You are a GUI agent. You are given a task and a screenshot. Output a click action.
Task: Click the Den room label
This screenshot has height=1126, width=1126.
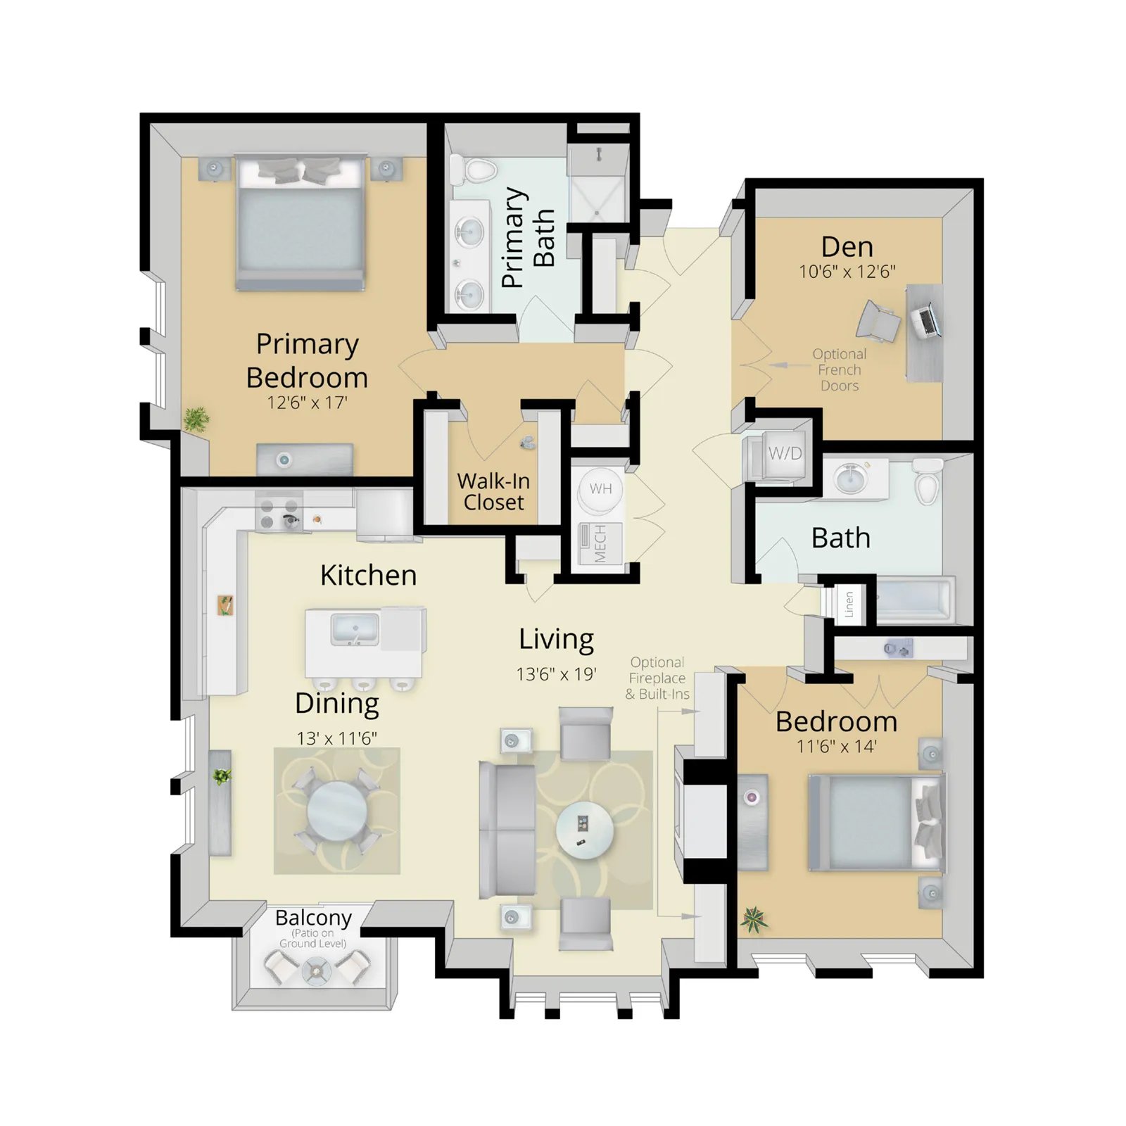pos(847,247)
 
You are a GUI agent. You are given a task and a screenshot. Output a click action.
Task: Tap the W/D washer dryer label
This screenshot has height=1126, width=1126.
pos(785,453)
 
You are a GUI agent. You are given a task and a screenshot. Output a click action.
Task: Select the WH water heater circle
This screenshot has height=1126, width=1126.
pos(600,489)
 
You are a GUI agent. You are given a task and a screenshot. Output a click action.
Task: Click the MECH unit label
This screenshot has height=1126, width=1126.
pos(600,543)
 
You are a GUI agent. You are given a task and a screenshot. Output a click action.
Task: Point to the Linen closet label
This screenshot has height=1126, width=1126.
pos(849,604)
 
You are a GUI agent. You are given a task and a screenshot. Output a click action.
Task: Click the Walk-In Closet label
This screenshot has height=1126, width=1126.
pos(493,491)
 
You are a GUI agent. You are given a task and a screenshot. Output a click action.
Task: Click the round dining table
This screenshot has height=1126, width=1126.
pos(337,811)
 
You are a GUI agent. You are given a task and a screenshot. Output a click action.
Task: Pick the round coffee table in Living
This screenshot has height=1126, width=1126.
pos(584,830)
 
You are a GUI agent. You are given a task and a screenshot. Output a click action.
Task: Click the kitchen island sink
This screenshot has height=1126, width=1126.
pos(355,629)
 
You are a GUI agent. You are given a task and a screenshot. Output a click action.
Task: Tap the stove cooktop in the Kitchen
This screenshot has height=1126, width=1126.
pos(279,514)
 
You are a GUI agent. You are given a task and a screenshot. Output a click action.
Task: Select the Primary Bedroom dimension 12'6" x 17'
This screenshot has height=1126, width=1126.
pos(307,403)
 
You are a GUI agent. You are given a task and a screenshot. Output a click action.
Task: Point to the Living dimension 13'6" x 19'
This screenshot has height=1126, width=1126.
pos(556,674)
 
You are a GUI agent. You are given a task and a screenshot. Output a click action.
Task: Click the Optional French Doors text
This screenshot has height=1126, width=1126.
pos(839,369)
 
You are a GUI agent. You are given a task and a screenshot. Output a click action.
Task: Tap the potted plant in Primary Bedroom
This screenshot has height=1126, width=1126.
pos(196,419)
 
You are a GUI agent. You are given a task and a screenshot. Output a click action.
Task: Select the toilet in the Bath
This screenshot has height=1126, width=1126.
pos(928,481)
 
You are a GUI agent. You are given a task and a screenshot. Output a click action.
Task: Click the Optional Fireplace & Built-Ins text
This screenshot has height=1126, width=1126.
pos(657,678)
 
